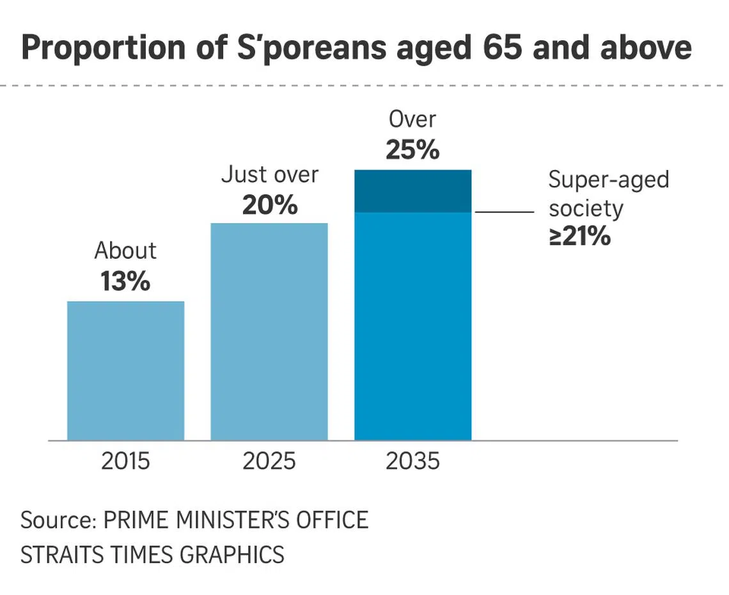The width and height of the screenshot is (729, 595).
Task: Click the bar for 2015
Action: tap(125, 371)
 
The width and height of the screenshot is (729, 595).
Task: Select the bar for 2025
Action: tap(269, 332)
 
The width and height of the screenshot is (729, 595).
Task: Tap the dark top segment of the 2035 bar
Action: tap(413, 191)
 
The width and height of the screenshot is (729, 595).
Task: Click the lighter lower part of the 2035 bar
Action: tap(413, 326)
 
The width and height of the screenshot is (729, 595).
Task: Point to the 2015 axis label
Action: tap(125, 461)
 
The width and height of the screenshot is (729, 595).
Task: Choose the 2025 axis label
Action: tap(269, 461)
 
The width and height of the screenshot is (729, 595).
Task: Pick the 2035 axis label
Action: tap(413, 461)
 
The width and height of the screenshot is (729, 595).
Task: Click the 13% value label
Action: tap(125, 281)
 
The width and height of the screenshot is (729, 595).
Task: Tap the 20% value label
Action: tap(270, 205)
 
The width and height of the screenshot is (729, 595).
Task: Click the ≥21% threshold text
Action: tap(579, 237)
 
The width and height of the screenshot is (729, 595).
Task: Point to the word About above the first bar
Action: tap(125, 251)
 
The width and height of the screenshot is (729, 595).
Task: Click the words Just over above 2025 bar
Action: tap(270, 175)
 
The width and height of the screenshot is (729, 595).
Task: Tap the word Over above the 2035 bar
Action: tap(413, 120)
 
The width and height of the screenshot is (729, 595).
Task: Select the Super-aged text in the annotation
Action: tap(608, 180)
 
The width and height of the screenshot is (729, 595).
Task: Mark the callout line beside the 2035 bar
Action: tap(504, 212)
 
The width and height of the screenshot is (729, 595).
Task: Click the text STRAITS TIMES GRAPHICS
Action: tap(152, 553)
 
